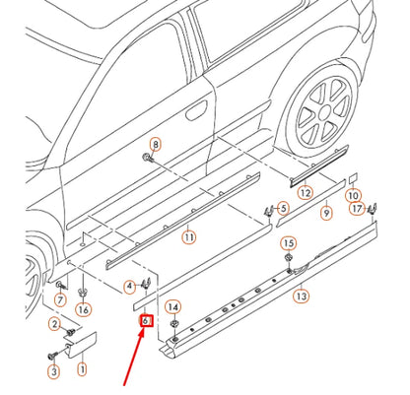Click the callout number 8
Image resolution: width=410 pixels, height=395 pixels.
pos(154,145)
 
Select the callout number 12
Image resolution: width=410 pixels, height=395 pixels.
pos(306,192)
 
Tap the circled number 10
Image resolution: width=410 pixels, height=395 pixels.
pos(354,196)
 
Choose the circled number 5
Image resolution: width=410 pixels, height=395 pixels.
pos(283,208)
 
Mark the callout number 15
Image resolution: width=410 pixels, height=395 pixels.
pos(289,242)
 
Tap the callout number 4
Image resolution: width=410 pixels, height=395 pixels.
pos(128,287)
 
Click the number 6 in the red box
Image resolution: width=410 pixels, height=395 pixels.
pos(145,320)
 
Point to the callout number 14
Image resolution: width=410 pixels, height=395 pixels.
pos(173,307)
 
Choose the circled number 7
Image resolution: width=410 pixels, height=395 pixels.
pos(59,299)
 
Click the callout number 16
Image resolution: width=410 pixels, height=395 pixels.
pos(83,308)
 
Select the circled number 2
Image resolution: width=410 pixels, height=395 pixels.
pos(53,326)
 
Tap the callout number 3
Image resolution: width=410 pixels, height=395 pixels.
pos(53,370)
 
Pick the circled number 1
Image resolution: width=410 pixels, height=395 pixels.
pos(82,370)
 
